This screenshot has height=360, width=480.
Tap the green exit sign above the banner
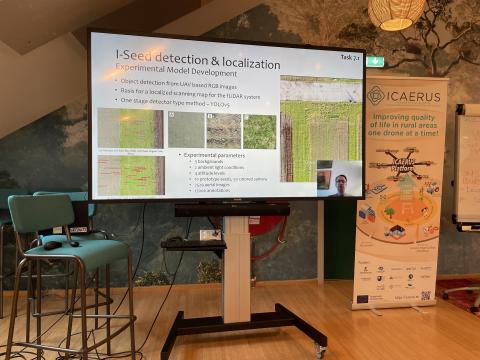pos(374,61)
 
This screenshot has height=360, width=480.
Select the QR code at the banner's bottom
pos(425,295)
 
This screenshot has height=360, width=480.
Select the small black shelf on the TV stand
pos(192,243)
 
